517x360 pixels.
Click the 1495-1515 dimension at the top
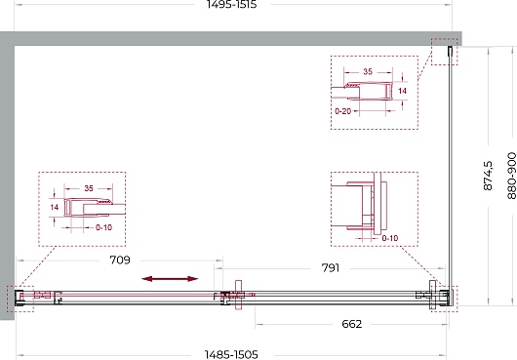coord(231,4)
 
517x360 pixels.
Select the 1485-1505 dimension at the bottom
coord(231,355)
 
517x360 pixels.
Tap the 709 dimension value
coord(120,260)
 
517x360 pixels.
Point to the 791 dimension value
coord(331,268)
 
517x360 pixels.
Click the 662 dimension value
coord(352,324)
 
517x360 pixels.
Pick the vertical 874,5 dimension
coord(488,176)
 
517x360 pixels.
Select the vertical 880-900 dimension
coord(512,176)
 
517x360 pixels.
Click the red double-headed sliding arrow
coord(170,279)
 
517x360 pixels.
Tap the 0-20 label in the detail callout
coord(343,111)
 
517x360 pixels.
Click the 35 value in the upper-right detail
coord(368,71)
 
